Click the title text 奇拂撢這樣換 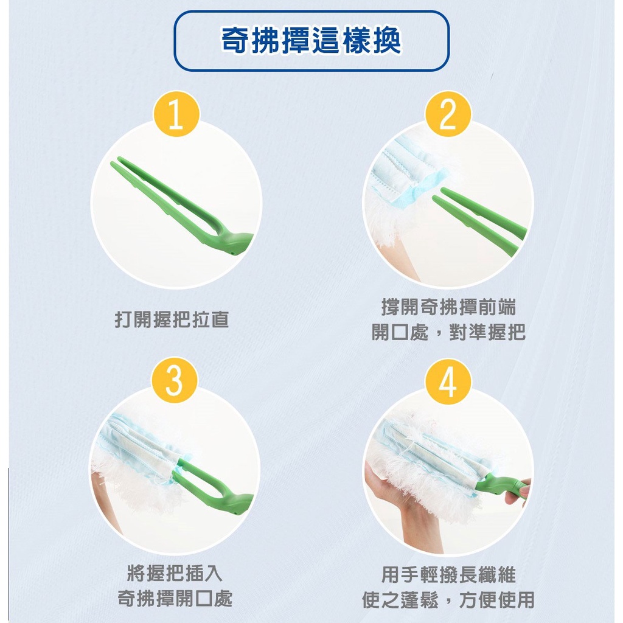[x=311, y=41]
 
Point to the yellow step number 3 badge [x=175, y=380]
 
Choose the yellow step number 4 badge [x=448, y=382]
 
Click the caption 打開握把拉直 [x=172, y=320]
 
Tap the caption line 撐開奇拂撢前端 [x=448, y=307]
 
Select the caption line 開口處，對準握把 [x=448, y=332]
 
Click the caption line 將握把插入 [x=175, y=573]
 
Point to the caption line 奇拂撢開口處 [x=175, y=599]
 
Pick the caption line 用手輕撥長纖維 [x=448, y=574]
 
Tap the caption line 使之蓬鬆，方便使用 [x=448, y=599]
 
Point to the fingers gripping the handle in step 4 [x=518, y=493]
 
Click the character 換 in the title [x=387, y=41]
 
